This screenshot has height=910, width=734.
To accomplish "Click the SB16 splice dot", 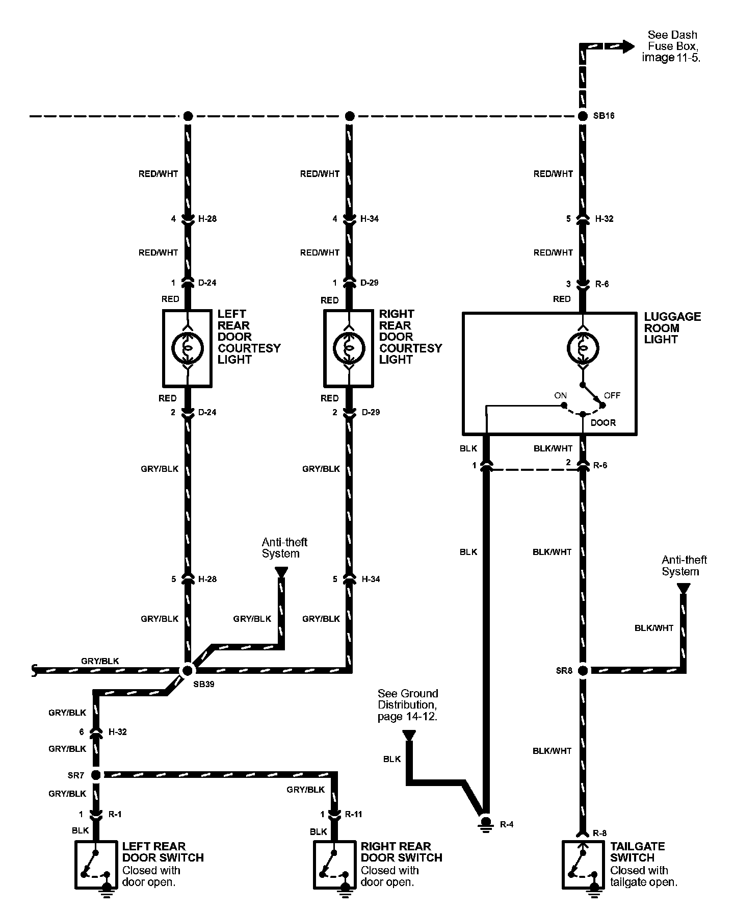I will pyautogui.click(x=583, y=116).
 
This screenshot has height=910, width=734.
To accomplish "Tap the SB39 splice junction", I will pyautogui.click(x=188, y=670).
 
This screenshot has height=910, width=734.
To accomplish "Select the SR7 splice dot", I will pyautogui.click(x=96, y=775).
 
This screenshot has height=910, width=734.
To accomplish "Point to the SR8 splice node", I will pyautogui.click(x=583, y=670).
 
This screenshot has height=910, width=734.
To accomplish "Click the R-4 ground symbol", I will pyautogui.click(x=485, y=824).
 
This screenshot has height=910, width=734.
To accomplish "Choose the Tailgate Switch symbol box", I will pyautogui.click(x=583, y=866).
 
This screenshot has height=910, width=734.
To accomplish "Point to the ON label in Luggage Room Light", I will pyautogui.click(x=560, y=395).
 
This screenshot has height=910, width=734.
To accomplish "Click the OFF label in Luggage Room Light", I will pyautogui.click(x=612, y=395).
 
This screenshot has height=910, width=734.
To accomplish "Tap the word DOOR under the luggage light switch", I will pyautogui.click(x=603, y=423).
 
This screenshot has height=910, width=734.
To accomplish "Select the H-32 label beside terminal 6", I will pyautogui.click(x=118, y=732).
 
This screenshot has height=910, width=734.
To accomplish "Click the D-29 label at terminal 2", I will pyautogui.click(x=370, y=412).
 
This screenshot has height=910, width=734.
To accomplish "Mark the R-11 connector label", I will pyautogui.click(x=353, y=814).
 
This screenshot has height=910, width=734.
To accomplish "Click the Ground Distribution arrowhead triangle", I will pyautogui.click(x=408, y=735).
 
